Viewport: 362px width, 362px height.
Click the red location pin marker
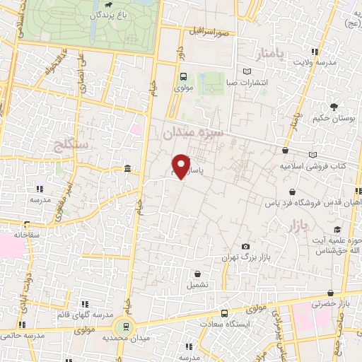182,165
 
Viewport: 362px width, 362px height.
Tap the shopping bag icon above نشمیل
197,274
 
